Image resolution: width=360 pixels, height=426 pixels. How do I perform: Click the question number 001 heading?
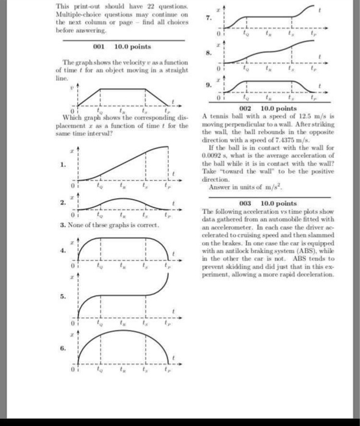pos(99,46)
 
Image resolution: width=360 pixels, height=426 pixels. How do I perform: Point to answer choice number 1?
pos(62,164)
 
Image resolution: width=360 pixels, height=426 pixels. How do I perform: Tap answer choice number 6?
pos(62,348)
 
